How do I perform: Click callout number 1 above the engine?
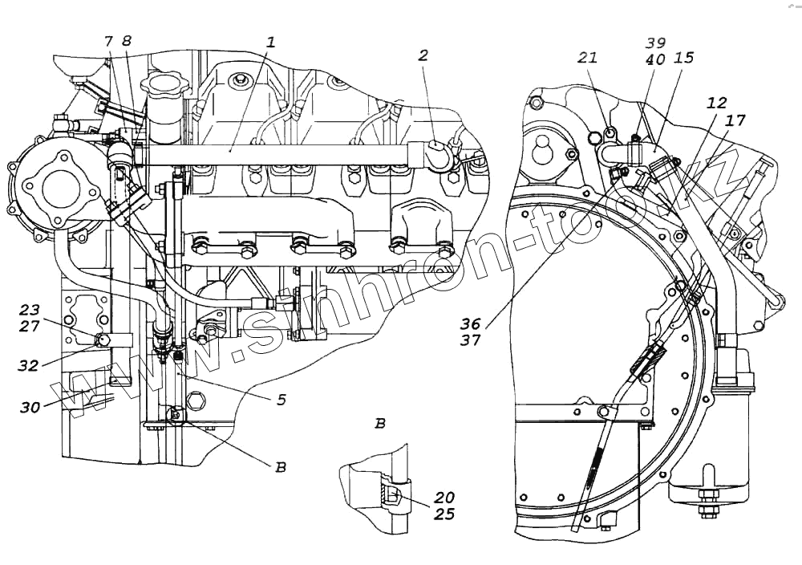[271, 43]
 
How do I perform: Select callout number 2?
[423, 55]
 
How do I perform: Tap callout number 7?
[108, 42]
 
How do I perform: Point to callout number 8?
[126, 42]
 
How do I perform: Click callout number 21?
[589, 57]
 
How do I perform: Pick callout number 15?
[684, 59]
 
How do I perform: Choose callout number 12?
[716, 104]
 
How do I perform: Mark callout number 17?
[735, 120]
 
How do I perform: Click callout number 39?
[656, 43]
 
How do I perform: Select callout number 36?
[471, 323]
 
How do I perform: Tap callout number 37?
[471, 339]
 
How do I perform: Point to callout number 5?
[281, 398]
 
